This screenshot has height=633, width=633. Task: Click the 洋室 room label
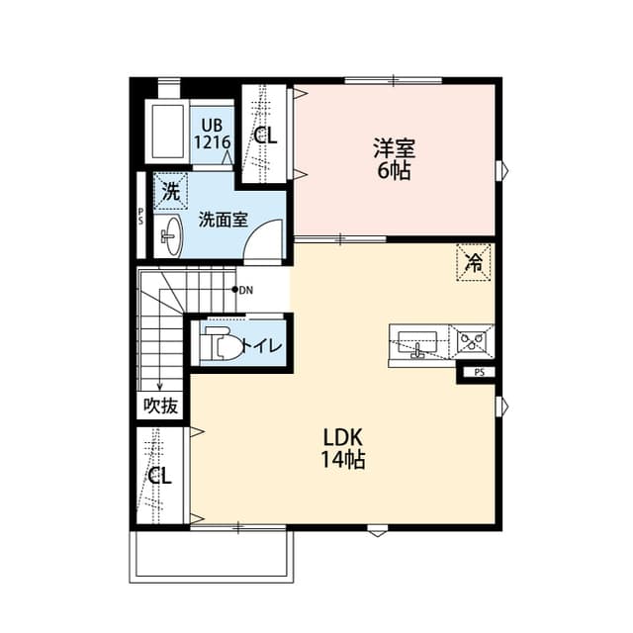[x=394, y=149]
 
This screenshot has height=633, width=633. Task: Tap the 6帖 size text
[x=394, y=169]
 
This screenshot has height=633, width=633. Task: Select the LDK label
[x=343, y=437]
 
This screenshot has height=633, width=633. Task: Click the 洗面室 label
[x=223, y=220]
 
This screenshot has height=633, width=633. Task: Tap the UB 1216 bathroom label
[x=212, y=134]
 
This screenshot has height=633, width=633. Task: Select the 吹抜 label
[x=160, y=405]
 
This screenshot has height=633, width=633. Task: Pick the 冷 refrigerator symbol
[x=474, y=263]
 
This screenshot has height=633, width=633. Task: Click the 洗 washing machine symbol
[x=171, y=192]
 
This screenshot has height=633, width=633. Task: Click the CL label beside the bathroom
[x=265, y=136]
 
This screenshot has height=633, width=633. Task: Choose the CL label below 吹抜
[x=160, y=476]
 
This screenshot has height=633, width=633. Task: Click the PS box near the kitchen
[x=479, y=373]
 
